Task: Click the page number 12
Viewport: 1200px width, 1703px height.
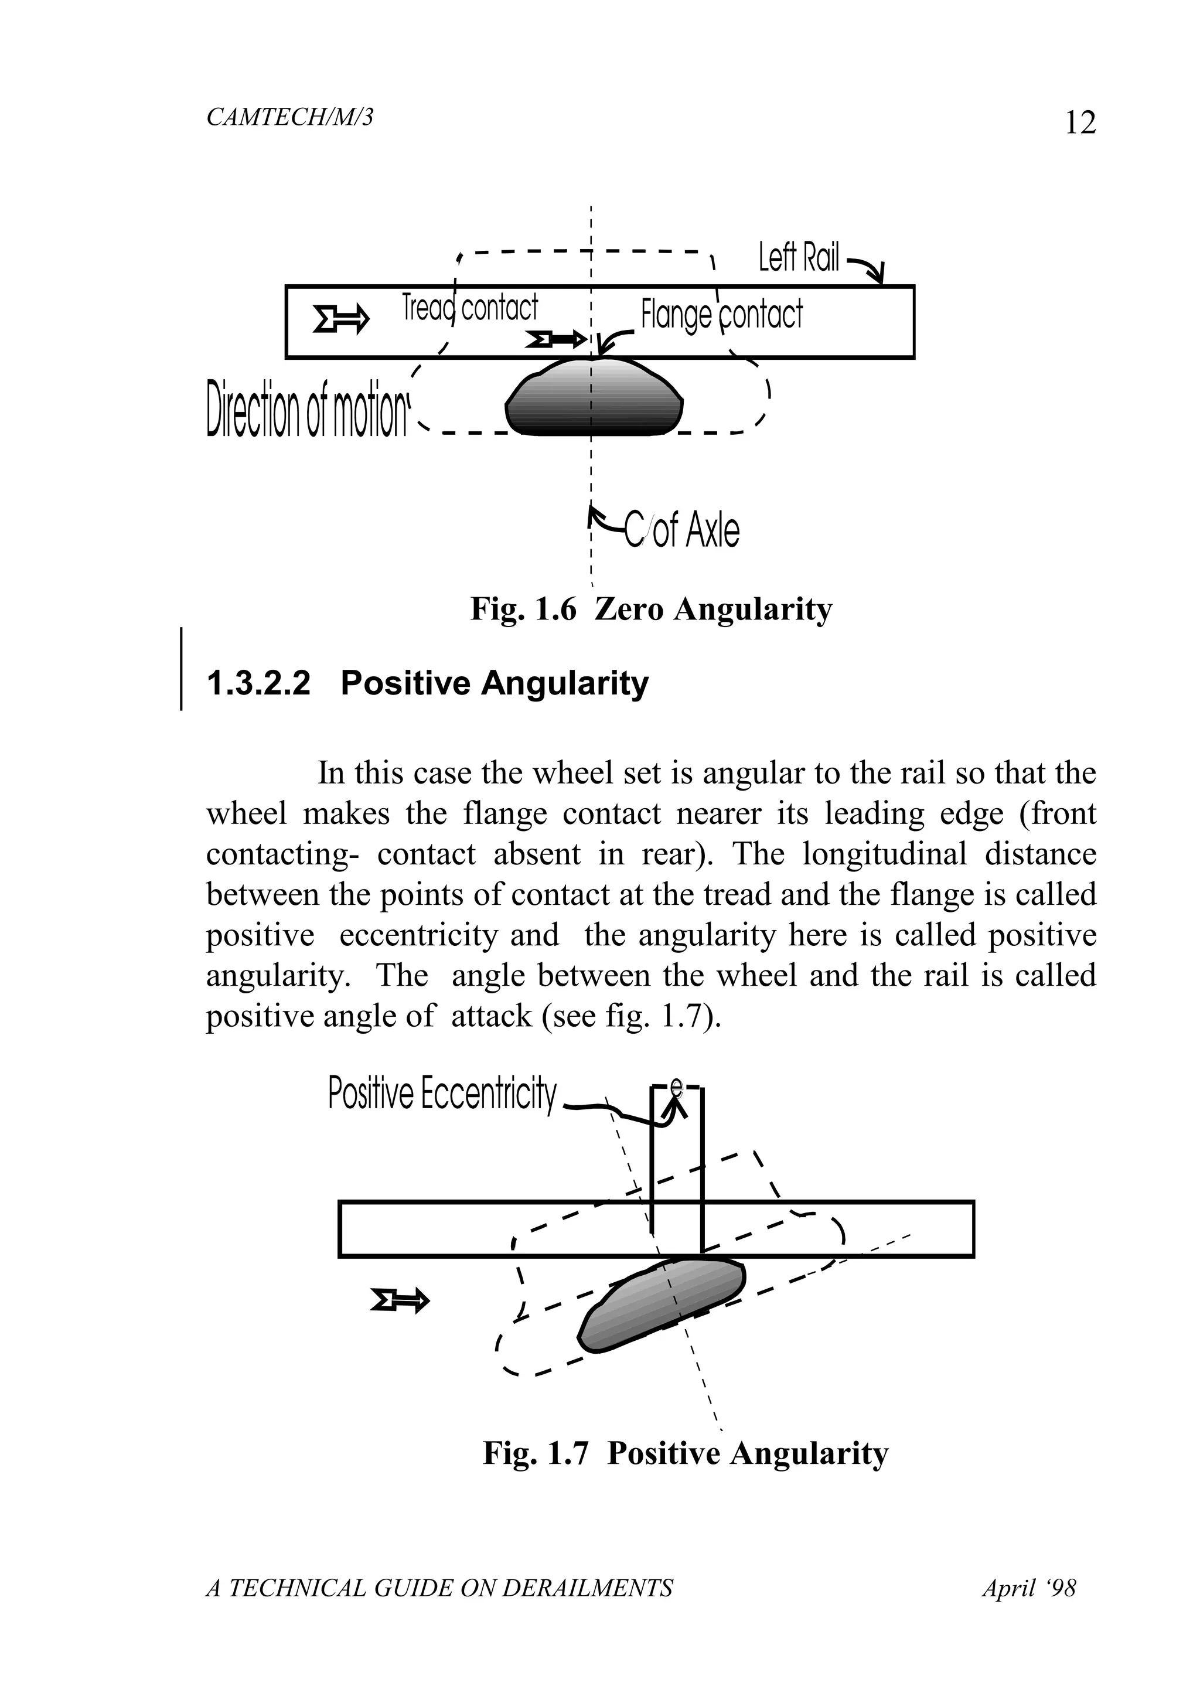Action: pos(1079,122)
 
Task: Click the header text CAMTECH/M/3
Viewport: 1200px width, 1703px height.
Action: pos(289,117)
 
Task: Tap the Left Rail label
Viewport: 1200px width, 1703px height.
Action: pos(798,258)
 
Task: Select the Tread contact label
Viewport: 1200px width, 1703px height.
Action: pos(469,307)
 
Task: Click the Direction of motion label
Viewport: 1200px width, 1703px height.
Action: pos(307,408)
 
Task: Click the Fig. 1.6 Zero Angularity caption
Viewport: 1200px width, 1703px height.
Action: pos(651,609)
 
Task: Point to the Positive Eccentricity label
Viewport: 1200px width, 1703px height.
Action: pos(441,1094)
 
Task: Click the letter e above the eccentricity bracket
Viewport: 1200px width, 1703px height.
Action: pos(676,1087)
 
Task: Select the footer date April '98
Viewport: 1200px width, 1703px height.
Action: pos(1029,1588)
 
